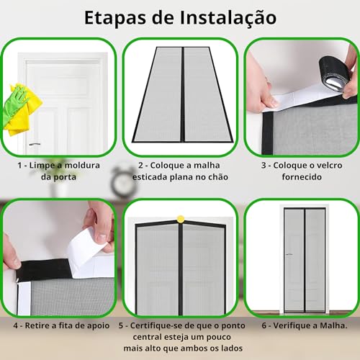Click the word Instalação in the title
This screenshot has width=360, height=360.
[x=225, y=17]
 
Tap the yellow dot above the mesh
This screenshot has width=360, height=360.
[x=180, y=217]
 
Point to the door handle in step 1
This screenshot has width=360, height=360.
[x=34, y=144]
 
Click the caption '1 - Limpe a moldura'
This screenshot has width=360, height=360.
[x=58, y=165]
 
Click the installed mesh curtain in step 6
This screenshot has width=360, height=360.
[x=301, y=259]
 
